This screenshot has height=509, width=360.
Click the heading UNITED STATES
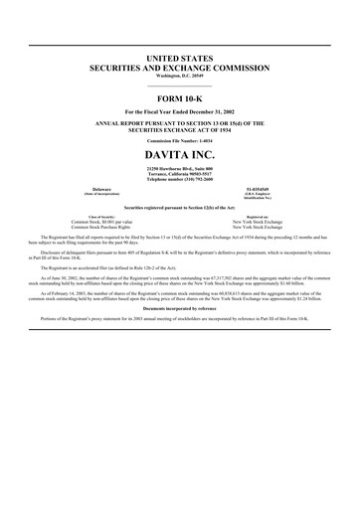tap(180, 61)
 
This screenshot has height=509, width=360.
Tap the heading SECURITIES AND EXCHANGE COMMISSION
tap(180, 71)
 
